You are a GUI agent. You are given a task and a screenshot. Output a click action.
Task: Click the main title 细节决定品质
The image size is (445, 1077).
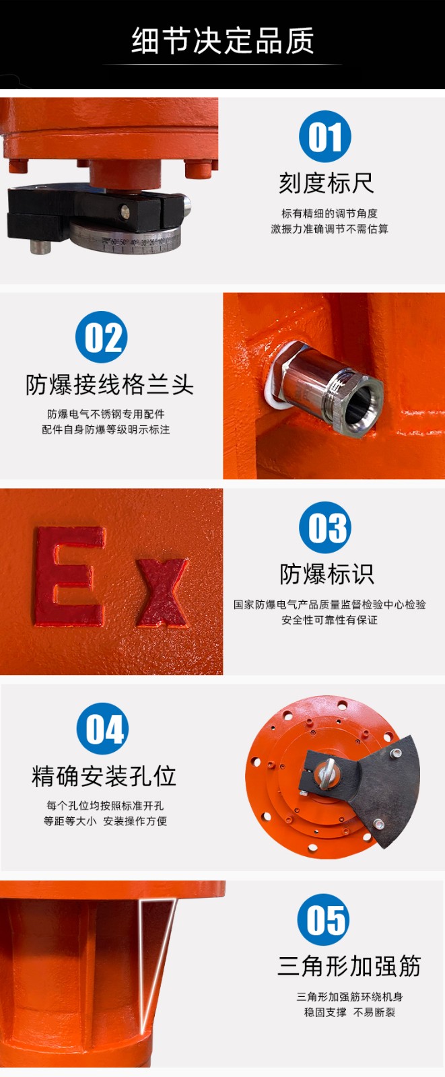tap(223, 41)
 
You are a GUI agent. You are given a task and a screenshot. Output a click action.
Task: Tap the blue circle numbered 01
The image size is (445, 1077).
tap(324, 137)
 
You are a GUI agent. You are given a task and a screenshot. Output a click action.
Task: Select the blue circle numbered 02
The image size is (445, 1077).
tap(102, 337)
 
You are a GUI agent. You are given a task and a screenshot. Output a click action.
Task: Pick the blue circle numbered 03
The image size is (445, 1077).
tap(324, 528)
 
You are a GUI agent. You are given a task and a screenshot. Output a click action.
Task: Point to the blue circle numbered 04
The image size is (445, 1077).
tap(102, 728)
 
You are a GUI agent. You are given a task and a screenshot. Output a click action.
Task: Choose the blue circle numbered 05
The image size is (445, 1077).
tap(323, 919)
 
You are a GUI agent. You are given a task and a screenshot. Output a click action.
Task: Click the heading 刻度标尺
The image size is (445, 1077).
tap(326, 183)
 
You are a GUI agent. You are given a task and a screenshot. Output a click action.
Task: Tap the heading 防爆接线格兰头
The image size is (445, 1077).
tap(110, 384)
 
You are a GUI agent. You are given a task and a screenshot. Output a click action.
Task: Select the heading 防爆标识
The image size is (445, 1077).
tap(327, 574)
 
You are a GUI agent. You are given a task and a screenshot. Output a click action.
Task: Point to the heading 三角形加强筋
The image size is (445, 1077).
tap(349, 966)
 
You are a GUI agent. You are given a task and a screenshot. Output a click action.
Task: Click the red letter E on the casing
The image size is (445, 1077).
tap(70, 576)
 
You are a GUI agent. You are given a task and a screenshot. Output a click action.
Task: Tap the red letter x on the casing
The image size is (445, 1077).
tap(162, 592)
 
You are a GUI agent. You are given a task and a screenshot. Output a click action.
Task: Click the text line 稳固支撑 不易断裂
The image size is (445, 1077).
tap(349, 1012)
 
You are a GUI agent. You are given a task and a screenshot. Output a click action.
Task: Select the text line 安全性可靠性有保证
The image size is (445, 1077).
tap(329, 620)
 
